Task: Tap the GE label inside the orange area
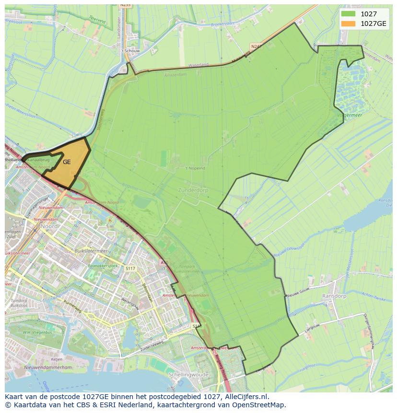pos(67,162)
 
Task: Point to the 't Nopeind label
pos(195,168)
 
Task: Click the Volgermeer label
pos(349,115)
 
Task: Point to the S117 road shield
pos(129,268)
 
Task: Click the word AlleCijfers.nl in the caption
pos(245,397)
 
